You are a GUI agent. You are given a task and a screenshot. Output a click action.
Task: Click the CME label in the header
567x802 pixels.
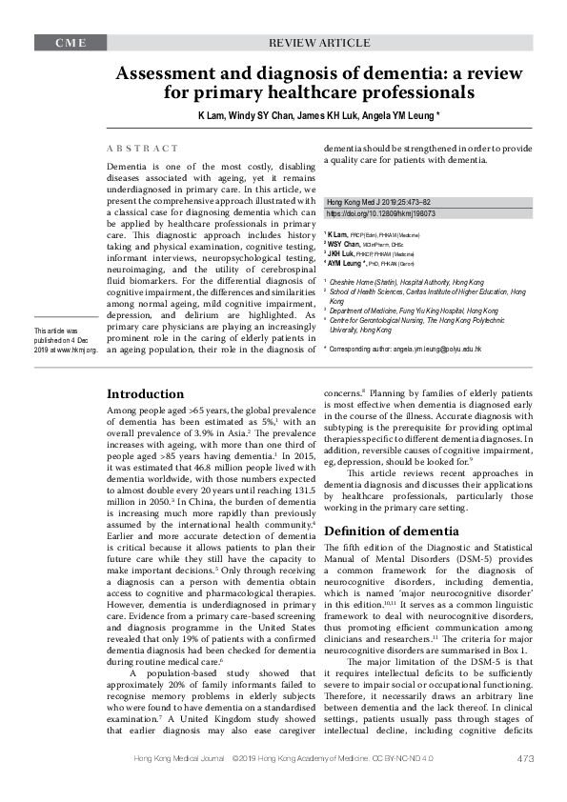(69, 44)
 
